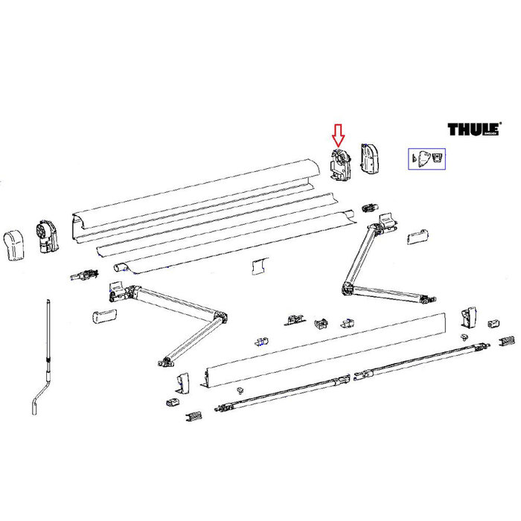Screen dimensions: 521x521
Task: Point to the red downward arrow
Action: coord(338,134)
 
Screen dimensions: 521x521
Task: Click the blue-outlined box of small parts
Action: coord(426,158)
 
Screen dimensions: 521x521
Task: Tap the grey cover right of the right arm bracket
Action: coord(418,236)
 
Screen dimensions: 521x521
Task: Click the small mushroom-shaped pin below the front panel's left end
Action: coord(240,390)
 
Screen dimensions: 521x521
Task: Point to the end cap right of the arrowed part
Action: coord(370,159)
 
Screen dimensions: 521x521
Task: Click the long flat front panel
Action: coord(327,350)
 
